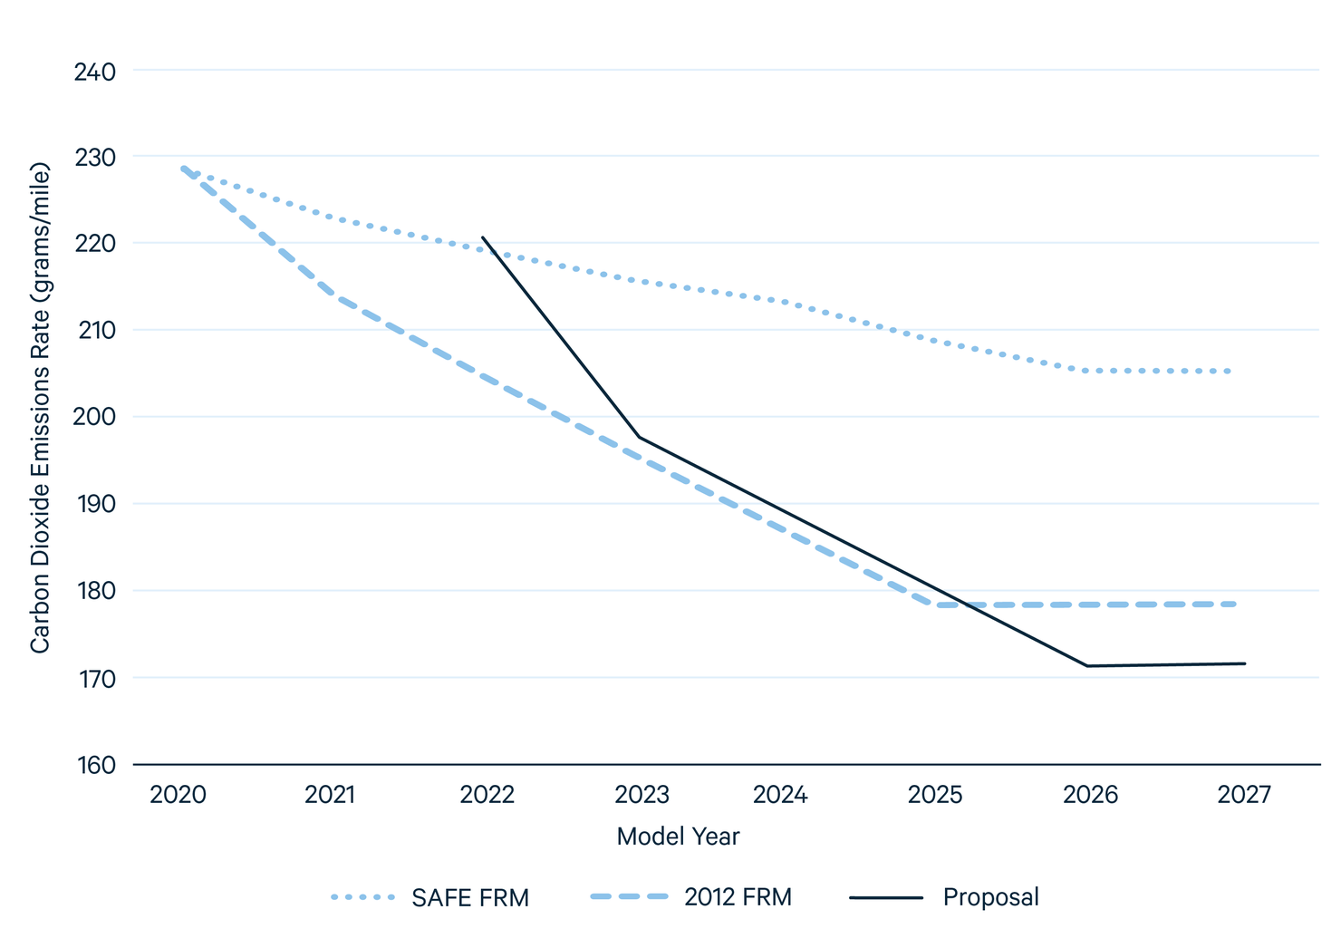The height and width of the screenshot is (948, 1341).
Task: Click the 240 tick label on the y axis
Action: [94, 72]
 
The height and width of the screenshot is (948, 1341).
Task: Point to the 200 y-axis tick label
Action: [94, 418]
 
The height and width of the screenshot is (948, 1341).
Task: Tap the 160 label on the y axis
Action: [94, 766]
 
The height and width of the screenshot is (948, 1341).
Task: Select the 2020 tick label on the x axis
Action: [178, 796]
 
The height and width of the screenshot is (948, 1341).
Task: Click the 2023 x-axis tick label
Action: [642, 796]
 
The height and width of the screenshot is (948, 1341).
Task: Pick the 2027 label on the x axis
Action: [1244, 796]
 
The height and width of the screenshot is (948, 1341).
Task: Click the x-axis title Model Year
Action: [678, 837]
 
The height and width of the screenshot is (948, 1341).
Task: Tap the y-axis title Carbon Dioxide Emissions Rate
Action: [39, 408]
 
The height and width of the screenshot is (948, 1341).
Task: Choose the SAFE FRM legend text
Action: [470, 898]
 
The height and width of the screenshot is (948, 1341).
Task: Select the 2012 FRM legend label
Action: [738, 897]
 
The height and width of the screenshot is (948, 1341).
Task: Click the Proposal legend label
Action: [990, 897]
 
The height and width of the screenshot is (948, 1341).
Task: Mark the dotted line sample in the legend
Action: [363, 897]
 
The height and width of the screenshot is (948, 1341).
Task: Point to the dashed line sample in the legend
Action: [628, 897]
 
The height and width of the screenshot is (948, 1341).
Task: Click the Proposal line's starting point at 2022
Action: [482, 237]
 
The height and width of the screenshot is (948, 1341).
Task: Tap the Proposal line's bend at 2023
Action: [640, 438]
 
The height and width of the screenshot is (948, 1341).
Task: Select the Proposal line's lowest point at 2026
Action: [1087, 666]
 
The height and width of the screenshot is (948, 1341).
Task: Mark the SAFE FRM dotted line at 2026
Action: [1087, 371]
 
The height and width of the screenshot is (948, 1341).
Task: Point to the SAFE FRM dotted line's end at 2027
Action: [1230, 372]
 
